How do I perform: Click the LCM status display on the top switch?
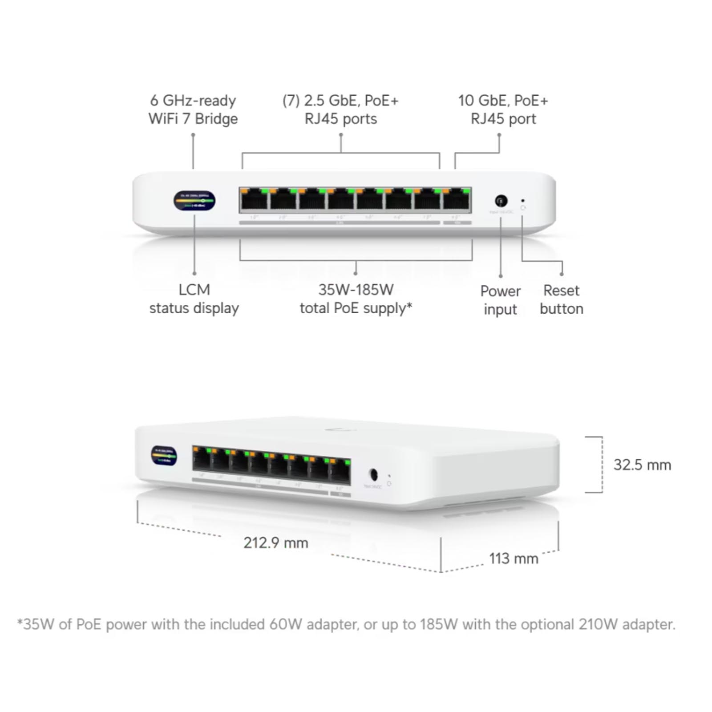tap(194, 201)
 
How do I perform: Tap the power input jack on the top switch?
tap(501, 201)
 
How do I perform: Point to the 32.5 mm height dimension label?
tap(642, 465)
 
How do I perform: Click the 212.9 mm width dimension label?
tap(275, 543)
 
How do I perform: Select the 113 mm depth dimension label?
tap(514, 558)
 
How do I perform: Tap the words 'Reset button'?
tap(561, 299)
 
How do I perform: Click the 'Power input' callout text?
tap(500, 300)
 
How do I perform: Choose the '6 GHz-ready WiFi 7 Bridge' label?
tap(193, 109)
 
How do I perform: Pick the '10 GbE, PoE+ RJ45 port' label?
tap(503, 109)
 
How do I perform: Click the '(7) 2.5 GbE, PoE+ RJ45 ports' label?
tap(340, 109)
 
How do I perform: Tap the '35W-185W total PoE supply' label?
tap(356, 299)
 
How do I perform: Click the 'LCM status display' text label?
tap(194, 299)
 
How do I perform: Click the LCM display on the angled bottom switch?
tap(164, 456)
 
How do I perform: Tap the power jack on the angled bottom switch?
tap(374, 475)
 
